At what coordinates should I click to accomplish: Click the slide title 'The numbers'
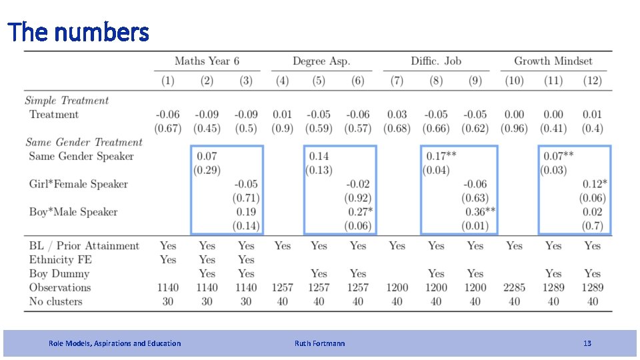click(79, 32)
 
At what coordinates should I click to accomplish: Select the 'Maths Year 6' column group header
click(207, 61)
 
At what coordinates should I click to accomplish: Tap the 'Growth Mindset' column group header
click(553, 61)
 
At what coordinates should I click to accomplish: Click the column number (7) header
click(397, 81)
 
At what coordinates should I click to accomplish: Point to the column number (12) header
click(592, 81)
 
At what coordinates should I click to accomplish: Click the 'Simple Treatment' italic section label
click(67, 101)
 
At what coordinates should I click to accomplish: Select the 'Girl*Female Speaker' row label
click(79, 184)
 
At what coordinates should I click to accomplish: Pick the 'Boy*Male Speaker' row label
click(73, 212)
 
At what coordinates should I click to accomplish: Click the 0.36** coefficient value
click(481, 212)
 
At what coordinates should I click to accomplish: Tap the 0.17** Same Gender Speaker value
click(441, 156)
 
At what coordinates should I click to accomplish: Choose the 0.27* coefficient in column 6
click(361, 212)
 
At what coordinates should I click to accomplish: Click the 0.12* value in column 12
click(595, 184)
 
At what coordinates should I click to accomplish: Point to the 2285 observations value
click(514, 288)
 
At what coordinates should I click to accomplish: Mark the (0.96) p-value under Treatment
click(514, 129)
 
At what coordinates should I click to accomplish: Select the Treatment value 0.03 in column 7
click(397, 115)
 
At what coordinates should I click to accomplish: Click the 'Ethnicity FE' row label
click(61, 260)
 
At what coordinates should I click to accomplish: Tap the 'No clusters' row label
click(55, 301)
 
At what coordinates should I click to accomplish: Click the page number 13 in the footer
click(587, 343)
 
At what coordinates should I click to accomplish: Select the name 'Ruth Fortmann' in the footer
click(319, 343)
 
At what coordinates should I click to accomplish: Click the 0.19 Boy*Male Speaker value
click(246, 212)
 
